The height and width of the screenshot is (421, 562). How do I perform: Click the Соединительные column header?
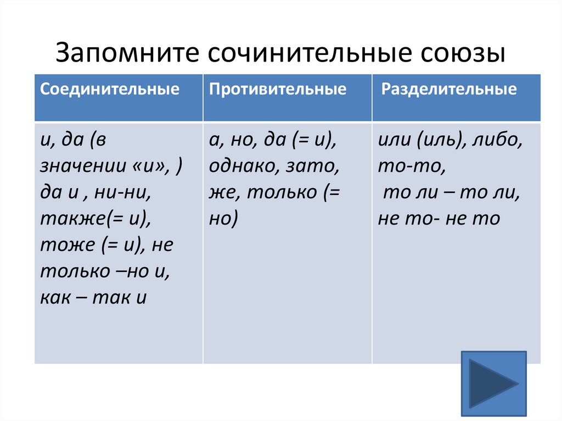point(110,89)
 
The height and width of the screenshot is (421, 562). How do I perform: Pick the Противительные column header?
point(278,89)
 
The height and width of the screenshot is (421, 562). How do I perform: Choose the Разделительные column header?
point(449,89)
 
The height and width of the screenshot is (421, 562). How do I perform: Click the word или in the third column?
point(394,141)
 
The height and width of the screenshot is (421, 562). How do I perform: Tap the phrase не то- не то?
point(439,218)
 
